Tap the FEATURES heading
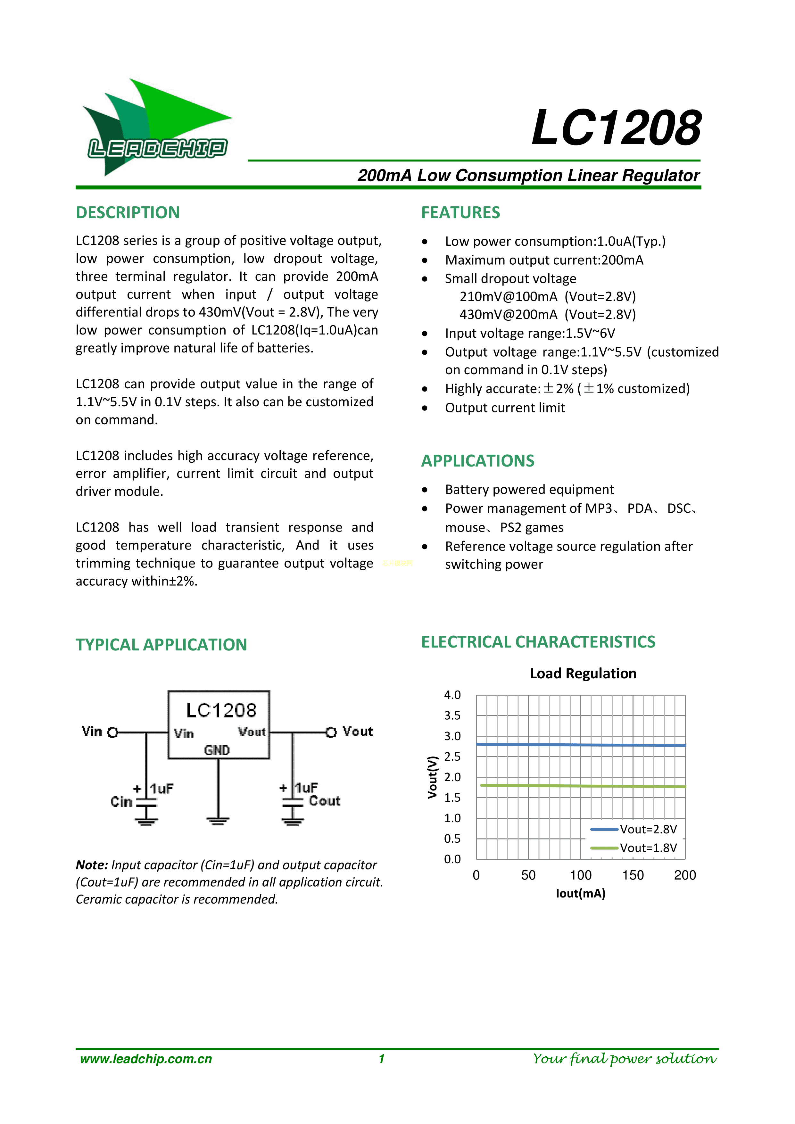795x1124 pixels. tap(460, 212)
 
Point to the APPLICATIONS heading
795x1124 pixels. tap(477, 461)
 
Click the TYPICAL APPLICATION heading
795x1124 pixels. tap(161, 645)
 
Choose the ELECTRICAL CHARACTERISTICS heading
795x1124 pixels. tap(538, 642)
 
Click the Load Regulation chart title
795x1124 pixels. tap(583, 674)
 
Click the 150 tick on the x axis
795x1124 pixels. tap(633, 875)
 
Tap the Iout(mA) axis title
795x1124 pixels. tap(581, 894)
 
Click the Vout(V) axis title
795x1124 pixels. tap(432, 777)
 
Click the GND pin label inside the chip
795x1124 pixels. tap(217, 750)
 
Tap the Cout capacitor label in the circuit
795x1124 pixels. tap(324, 801)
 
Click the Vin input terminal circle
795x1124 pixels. tap(112, 732)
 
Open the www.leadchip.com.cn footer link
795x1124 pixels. tap(146, 1059)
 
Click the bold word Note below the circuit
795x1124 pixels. tap(92, 865)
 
